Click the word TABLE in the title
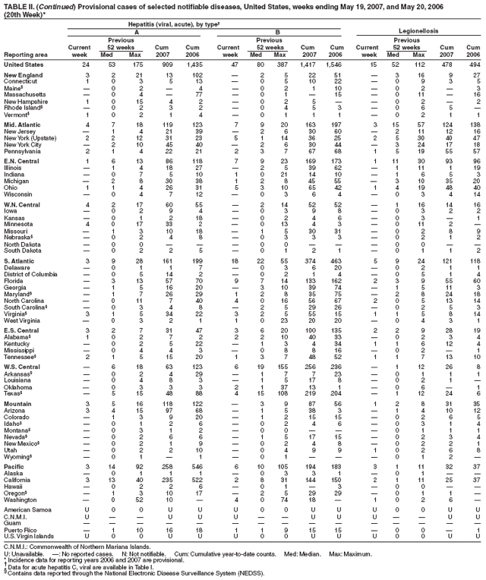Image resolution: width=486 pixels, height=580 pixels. point(15,4)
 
